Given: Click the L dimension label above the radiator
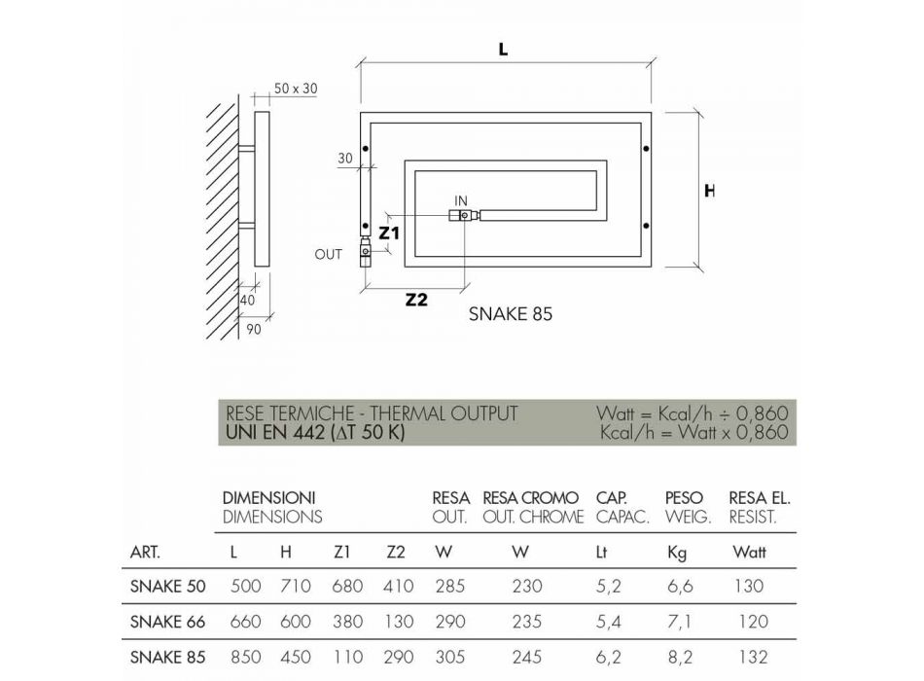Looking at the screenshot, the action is [503, 50].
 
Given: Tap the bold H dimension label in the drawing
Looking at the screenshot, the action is [709, 191].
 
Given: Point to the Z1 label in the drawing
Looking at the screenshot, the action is [389, 233].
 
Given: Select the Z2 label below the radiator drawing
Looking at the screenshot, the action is [416, 300].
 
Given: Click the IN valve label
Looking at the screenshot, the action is [461, 201].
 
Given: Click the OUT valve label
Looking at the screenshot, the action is [328, 255].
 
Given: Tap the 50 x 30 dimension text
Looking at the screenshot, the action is [296, 89].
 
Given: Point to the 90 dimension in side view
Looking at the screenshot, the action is [254, 330].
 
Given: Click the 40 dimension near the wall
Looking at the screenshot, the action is [247, 300].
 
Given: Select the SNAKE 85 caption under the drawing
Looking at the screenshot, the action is [511, 314].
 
